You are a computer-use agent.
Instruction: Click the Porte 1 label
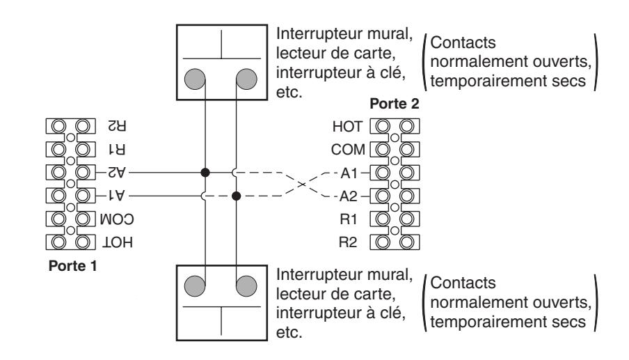click(72, 266)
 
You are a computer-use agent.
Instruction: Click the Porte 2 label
click(395, 104)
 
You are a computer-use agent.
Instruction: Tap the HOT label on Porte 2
click(347, 127)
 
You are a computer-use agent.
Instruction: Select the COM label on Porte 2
click(348, 150)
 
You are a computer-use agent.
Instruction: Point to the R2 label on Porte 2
click(348, 242)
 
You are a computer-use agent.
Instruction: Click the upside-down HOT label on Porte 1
click(117, 242)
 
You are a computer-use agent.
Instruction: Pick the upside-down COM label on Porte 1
click(117, 219)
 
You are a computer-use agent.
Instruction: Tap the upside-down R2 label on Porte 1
click(117, 126)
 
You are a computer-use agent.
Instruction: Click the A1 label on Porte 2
click(349, 173)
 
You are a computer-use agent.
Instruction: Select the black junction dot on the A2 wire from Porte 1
click(205, 173)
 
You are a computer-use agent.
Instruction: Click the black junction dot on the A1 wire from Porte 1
click(237, 196)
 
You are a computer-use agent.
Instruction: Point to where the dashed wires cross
click(302, 185)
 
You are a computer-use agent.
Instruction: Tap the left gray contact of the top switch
click(195, 79)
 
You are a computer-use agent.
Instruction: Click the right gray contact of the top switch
click(246, 79)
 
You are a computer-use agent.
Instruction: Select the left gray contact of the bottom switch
click(195, 285)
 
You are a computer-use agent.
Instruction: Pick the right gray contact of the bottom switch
click(246, 285)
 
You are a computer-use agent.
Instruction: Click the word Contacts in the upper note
click(463, 42)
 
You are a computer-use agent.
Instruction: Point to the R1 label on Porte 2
click(348, 219)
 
